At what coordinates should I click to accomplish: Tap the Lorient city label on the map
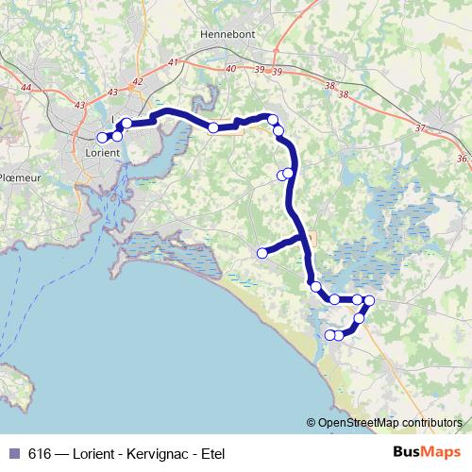tap(102, 151)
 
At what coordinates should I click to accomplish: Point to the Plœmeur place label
tap(18, 177)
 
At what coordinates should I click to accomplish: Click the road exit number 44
tap(25, 88)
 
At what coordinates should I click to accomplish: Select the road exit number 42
tap(137, 81)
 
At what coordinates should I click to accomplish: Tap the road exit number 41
tap(173, 62)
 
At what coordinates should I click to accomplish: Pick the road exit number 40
tap(231, 69)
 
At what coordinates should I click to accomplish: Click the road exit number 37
tap(420, 127)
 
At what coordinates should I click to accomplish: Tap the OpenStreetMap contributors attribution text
tap(390, 422)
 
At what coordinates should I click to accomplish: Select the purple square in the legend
tap(13, 452)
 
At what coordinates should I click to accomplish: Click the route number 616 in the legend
tap(41, 452)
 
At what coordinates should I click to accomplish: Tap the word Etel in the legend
tap(211, 452)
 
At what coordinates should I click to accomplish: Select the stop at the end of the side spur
tap(262, 252)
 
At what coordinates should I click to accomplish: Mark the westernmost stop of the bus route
tap(102, 138)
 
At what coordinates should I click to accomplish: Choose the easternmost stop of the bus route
tap(369, 300)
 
